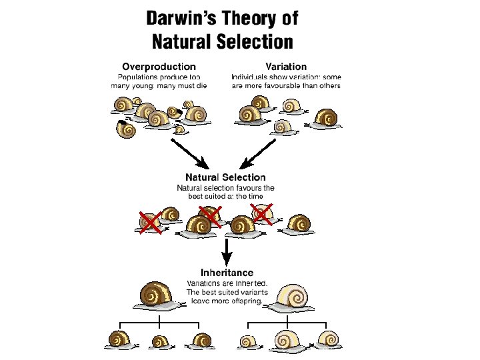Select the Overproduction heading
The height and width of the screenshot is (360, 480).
159,66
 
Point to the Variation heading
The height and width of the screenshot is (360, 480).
286,66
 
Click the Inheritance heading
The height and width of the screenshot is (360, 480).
227,272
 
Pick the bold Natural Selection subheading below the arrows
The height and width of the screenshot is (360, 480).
225,177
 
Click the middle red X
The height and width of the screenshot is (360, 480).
209,215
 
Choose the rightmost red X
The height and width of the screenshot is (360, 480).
262,213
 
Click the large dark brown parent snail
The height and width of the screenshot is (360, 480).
159,295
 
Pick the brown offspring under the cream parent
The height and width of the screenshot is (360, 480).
327,340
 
